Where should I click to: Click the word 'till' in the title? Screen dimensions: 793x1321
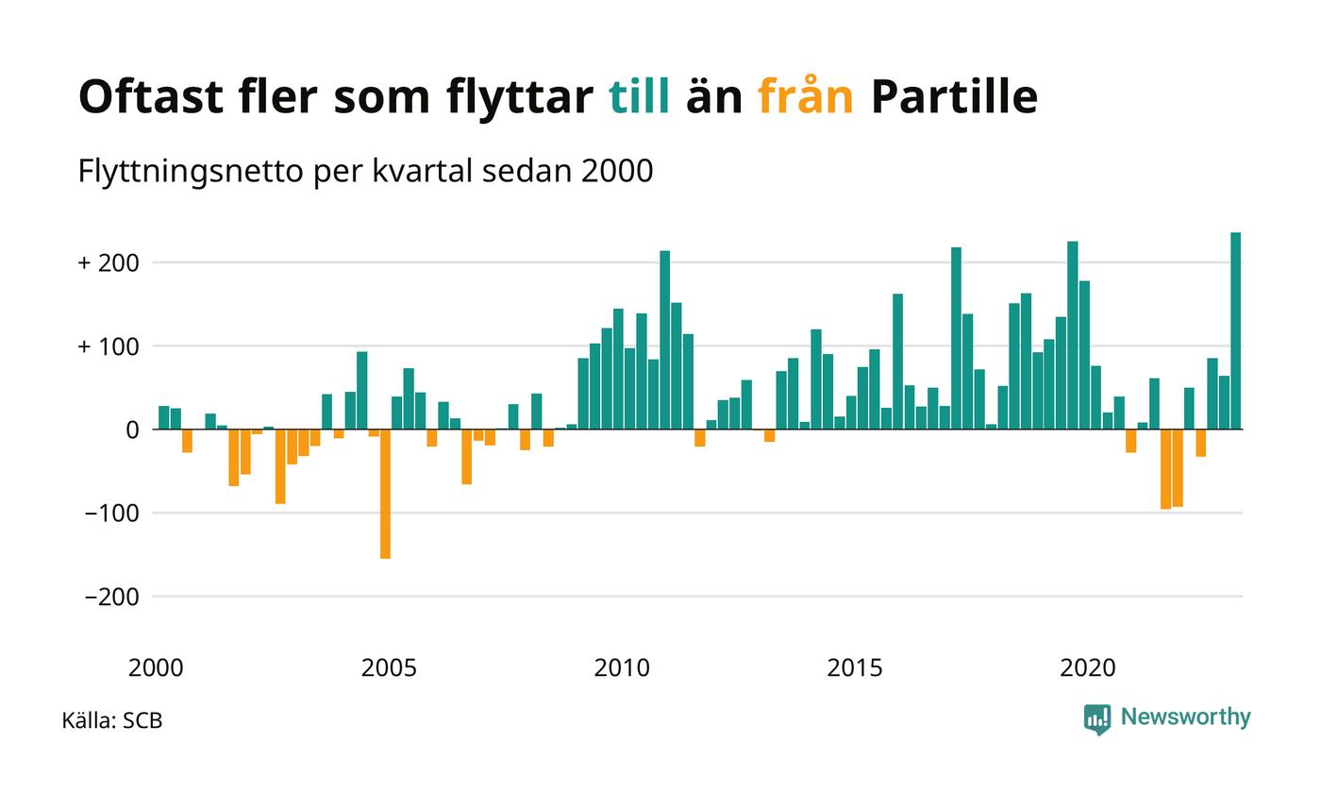tap(640, 96)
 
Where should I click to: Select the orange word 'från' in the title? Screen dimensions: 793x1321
tap(806, 96)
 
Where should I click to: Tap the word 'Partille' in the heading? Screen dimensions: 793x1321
tap(953, 96)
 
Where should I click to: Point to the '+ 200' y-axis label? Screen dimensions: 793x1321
tap(109, 262)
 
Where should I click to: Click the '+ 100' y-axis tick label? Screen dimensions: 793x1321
tap(109, 346)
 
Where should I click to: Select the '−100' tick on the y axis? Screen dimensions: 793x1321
tap(111, 514)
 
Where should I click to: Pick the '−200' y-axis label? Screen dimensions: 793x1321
tap(111, 598)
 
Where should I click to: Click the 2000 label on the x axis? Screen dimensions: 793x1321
tap(156, 668)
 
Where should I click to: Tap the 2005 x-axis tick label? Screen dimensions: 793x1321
tap(389, 668)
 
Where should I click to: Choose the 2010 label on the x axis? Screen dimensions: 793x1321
tap(622, 668)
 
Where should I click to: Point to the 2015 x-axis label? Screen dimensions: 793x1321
tap(855, 668)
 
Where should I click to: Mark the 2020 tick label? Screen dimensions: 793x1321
tap(1088, 668)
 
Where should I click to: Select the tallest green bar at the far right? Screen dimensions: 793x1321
tap(1235, 330)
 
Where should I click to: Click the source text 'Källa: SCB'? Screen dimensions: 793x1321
tap(112, 721)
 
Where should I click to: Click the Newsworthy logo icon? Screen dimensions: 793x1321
tap(1096, 719)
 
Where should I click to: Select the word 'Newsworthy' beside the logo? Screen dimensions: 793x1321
tap(1185, 717)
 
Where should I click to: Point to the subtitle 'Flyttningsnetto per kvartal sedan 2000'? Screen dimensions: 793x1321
tap(366, 172)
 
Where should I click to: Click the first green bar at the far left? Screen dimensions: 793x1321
tap(163, 417)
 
